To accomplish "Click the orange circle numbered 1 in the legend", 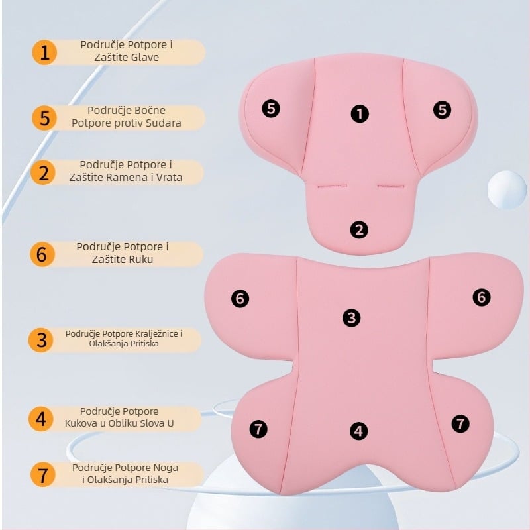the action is [x=44, y=52].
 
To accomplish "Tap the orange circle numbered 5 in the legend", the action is [x=44, y=118].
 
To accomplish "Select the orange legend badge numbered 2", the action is [x=43, y=172].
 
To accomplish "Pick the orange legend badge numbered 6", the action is [x=42, y=254].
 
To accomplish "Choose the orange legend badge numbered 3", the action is [x=41, y=340].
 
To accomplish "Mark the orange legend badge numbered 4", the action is [x=41, y=419].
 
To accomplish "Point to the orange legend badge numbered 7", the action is [x=42, y=474].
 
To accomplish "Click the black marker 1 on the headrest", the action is [x=360, y=113].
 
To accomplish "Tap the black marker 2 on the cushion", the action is [x=359, y=230].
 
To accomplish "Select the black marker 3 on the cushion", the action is [x=352, y=318].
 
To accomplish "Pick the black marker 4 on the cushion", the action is [x=358, y=431].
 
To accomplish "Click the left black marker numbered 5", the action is [x=271, y=109].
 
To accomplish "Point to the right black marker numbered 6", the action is [x=482, y=297].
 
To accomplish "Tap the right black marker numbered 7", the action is [x=460, y=423].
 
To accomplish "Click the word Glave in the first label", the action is [x=144, y=57].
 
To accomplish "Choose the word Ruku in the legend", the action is [x=141, y=259].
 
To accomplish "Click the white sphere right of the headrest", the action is [x=507, y=189].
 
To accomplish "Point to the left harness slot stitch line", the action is [x=332, y=186].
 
